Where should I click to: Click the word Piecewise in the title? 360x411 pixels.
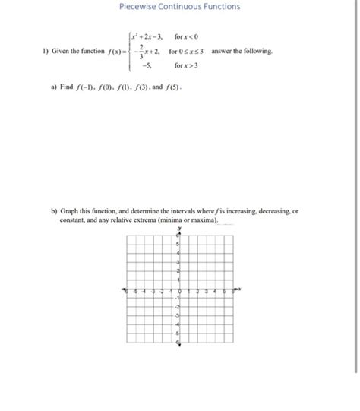tap(137, 7)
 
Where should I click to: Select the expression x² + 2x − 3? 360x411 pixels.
tap(150, 36)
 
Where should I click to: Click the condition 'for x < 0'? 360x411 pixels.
tap(190, 36)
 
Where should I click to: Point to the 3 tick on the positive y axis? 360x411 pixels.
tap(178, 262)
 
